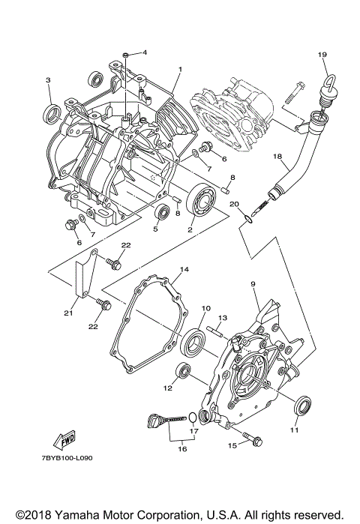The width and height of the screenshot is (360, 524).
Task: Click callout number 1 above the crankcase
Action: [180, 69]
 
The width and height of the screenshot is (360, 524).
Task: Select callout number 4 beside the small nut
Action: [145, 52]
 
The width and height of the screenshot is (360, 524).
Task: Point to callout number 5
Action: [154, 229]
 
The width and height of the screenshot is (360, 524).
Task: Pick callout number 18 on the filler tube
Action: [277, 157]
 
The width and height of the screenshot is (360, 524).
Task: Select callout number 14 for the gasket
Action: [183, 268]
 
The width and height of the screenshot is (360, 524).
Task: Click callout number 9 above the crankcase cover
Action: [253, 284]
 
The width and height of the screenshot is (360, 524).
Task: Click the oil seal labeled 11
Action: [301, 406]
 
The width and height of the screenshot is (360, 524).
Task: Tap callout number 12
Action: [168, 389]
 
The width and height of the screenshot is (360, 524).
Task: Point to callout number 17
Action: [193, 431]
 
